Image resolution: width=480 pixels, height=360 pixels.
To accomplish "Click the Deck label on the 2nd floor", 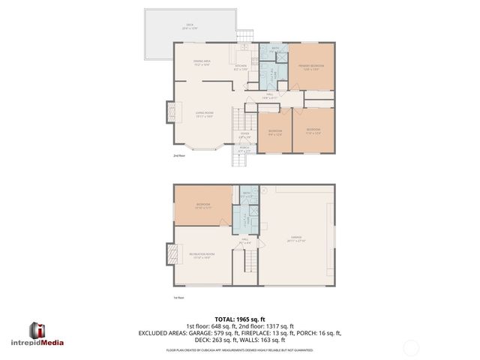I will click(190, 26).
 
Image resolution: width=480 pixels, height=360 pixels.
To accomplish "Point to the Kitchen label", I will click(241, 67).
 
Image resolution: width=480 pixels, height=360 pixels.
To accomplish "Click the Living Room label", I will click(205, 115).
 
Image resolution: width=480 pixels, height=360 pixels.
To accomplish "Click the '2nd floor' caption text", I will click(178, 156).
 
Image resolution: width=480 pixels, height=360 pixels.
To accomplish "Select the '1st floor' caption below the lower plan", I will click(178, 298).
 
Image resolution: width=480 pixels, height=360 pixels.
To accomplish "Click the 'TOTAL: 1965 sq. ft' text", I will click(239, 319).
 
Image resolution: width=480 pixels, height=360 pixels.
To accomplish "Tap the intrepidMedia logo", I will click(46, 334).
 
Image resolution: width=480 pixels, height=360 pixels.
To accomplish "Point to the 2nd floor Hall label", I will click(270, 96).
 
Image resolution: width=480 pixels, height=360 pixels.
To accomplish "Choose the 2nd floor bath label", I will click(275, 49).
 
